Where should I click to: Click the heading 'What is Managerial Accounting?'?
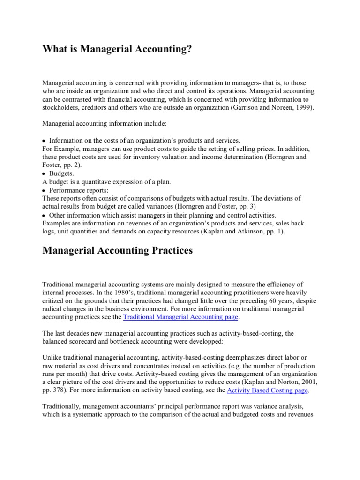click(117, 49)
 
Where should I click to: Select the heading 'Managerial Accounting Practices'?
click(117, 250)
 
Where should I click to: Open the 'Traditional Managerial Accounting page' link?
click(181, 317)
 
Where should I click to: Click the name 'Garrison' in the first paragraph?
click(236, 107)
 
